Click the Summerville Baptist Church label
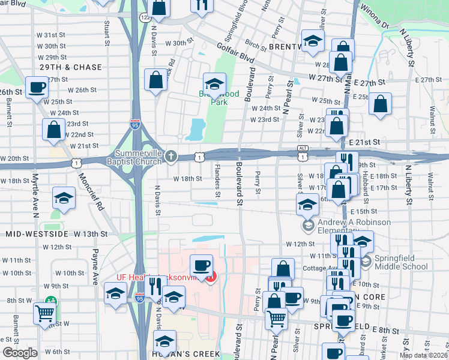[134, 157]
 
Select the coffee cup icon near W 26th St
[37, 88]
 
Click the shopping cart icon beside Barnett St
[45, 312]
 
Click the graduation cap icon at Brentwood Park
[214, 83]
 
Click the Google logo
[20, 353]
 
